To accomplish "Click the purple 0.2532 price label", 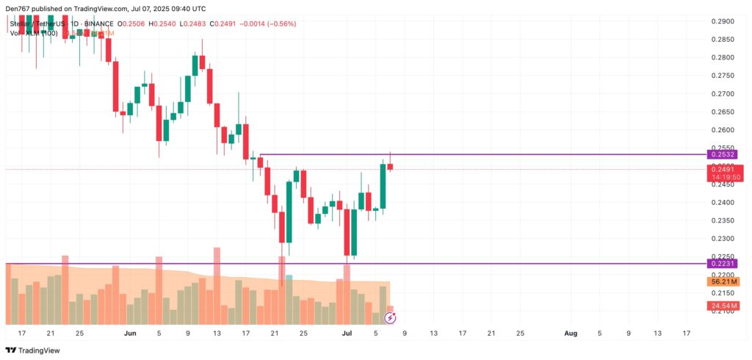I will coord(721,154).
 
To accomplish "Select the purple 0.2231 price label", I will coord(721,263).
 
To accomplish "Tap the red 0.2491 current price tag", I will coord(723,170).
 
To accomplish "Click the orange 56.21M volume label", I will coord(723,282).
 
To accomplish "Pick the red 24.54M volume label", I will coord(723,306).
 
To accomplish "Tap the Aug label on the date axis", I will coord(571,333).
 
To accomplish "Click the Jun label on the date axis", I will coord(130,333).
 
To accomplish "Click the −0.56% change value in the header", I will coord(281,23).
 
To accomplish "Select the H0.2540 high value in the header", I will coord(162,23).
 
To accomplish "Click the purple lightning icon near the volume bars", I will coord(391,318).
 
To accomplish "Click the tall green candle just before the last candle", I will coord(383,186).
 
